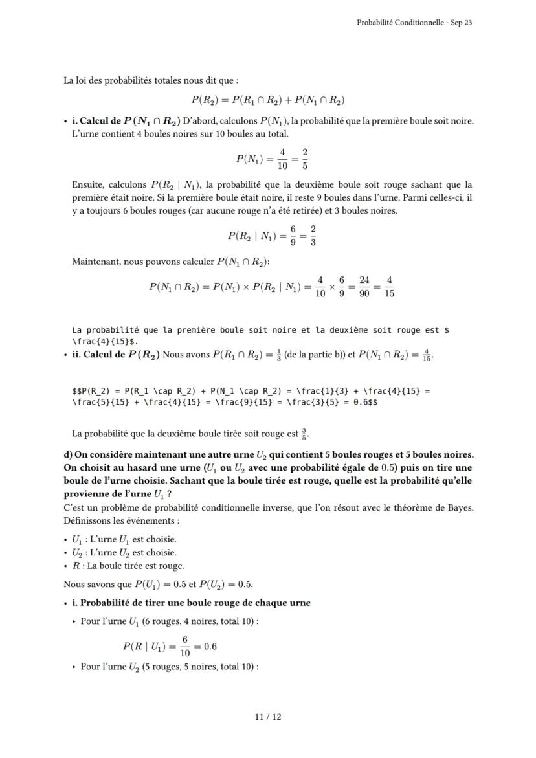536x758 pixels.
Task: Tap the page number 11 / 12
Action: (x=268, y=717)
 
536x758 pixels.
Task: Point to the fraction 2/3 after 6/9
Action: (x=313, y=236)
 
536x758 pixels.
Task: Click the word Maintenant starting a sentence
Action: (x=96, y=262)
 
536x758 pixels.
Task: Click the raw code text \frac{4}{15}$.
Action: (x=105, y=340)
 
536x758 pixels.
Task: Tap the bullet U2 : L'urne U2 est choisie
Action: (x=124, y=552)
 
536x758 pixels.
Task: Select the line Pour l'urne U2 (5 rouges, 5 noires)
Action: (x=168, y=667)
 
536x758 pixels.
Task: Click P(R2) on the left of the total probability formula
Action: (x=205, y=100)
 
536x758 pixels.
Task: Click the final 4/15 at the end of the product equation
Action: (x=389, y=287)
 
